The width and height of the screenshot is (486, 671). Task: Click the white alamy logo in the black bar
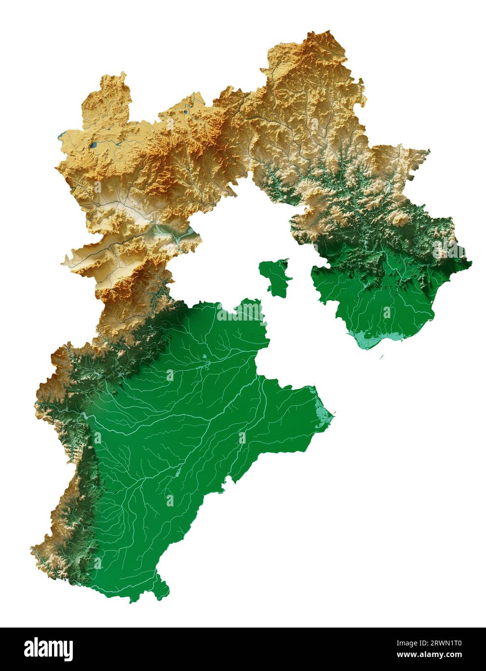48,649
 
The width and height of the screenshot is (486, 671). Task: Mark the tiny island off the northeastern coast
381,358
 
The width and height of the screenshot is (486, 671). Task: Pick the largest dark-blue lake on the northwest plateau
94,144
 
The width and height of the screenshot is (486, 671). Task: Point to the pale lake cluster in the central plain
206,358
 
